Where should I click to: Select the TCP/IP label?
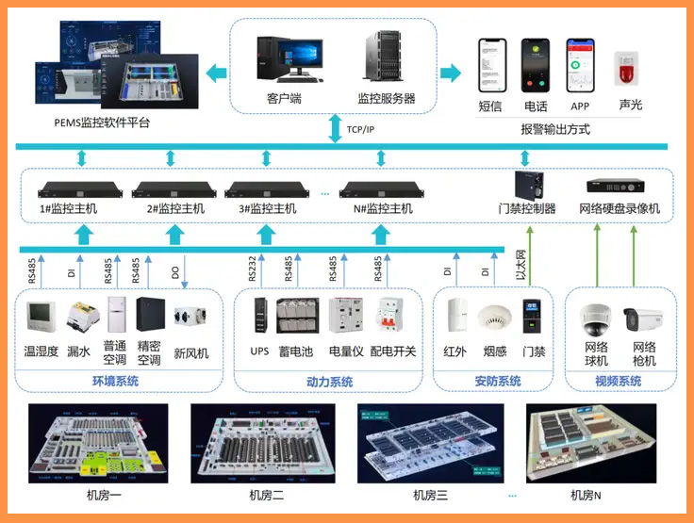(360, 129)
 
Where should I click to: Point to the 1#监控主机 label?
(68, 208)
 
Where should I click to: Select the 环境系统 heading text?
(115, 382)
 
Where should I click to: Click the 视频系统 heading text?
(619, 382)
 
